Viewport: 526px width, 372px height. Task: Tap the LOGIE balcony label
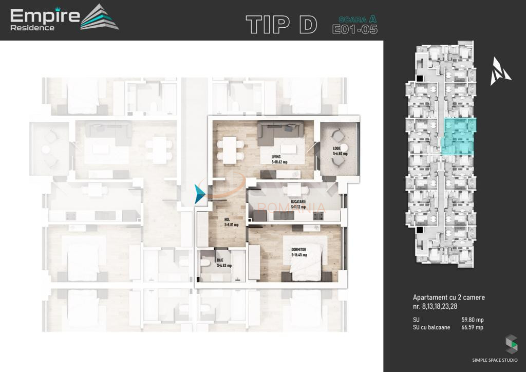340,151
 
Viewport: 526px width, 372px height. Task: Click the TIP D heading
281,24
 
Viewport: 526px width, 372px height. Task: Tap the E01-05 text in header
355,29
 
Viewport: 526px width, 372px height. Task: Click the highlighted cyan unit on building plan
459,137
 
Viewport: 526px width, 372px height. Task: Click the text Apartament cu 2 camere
448,297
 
